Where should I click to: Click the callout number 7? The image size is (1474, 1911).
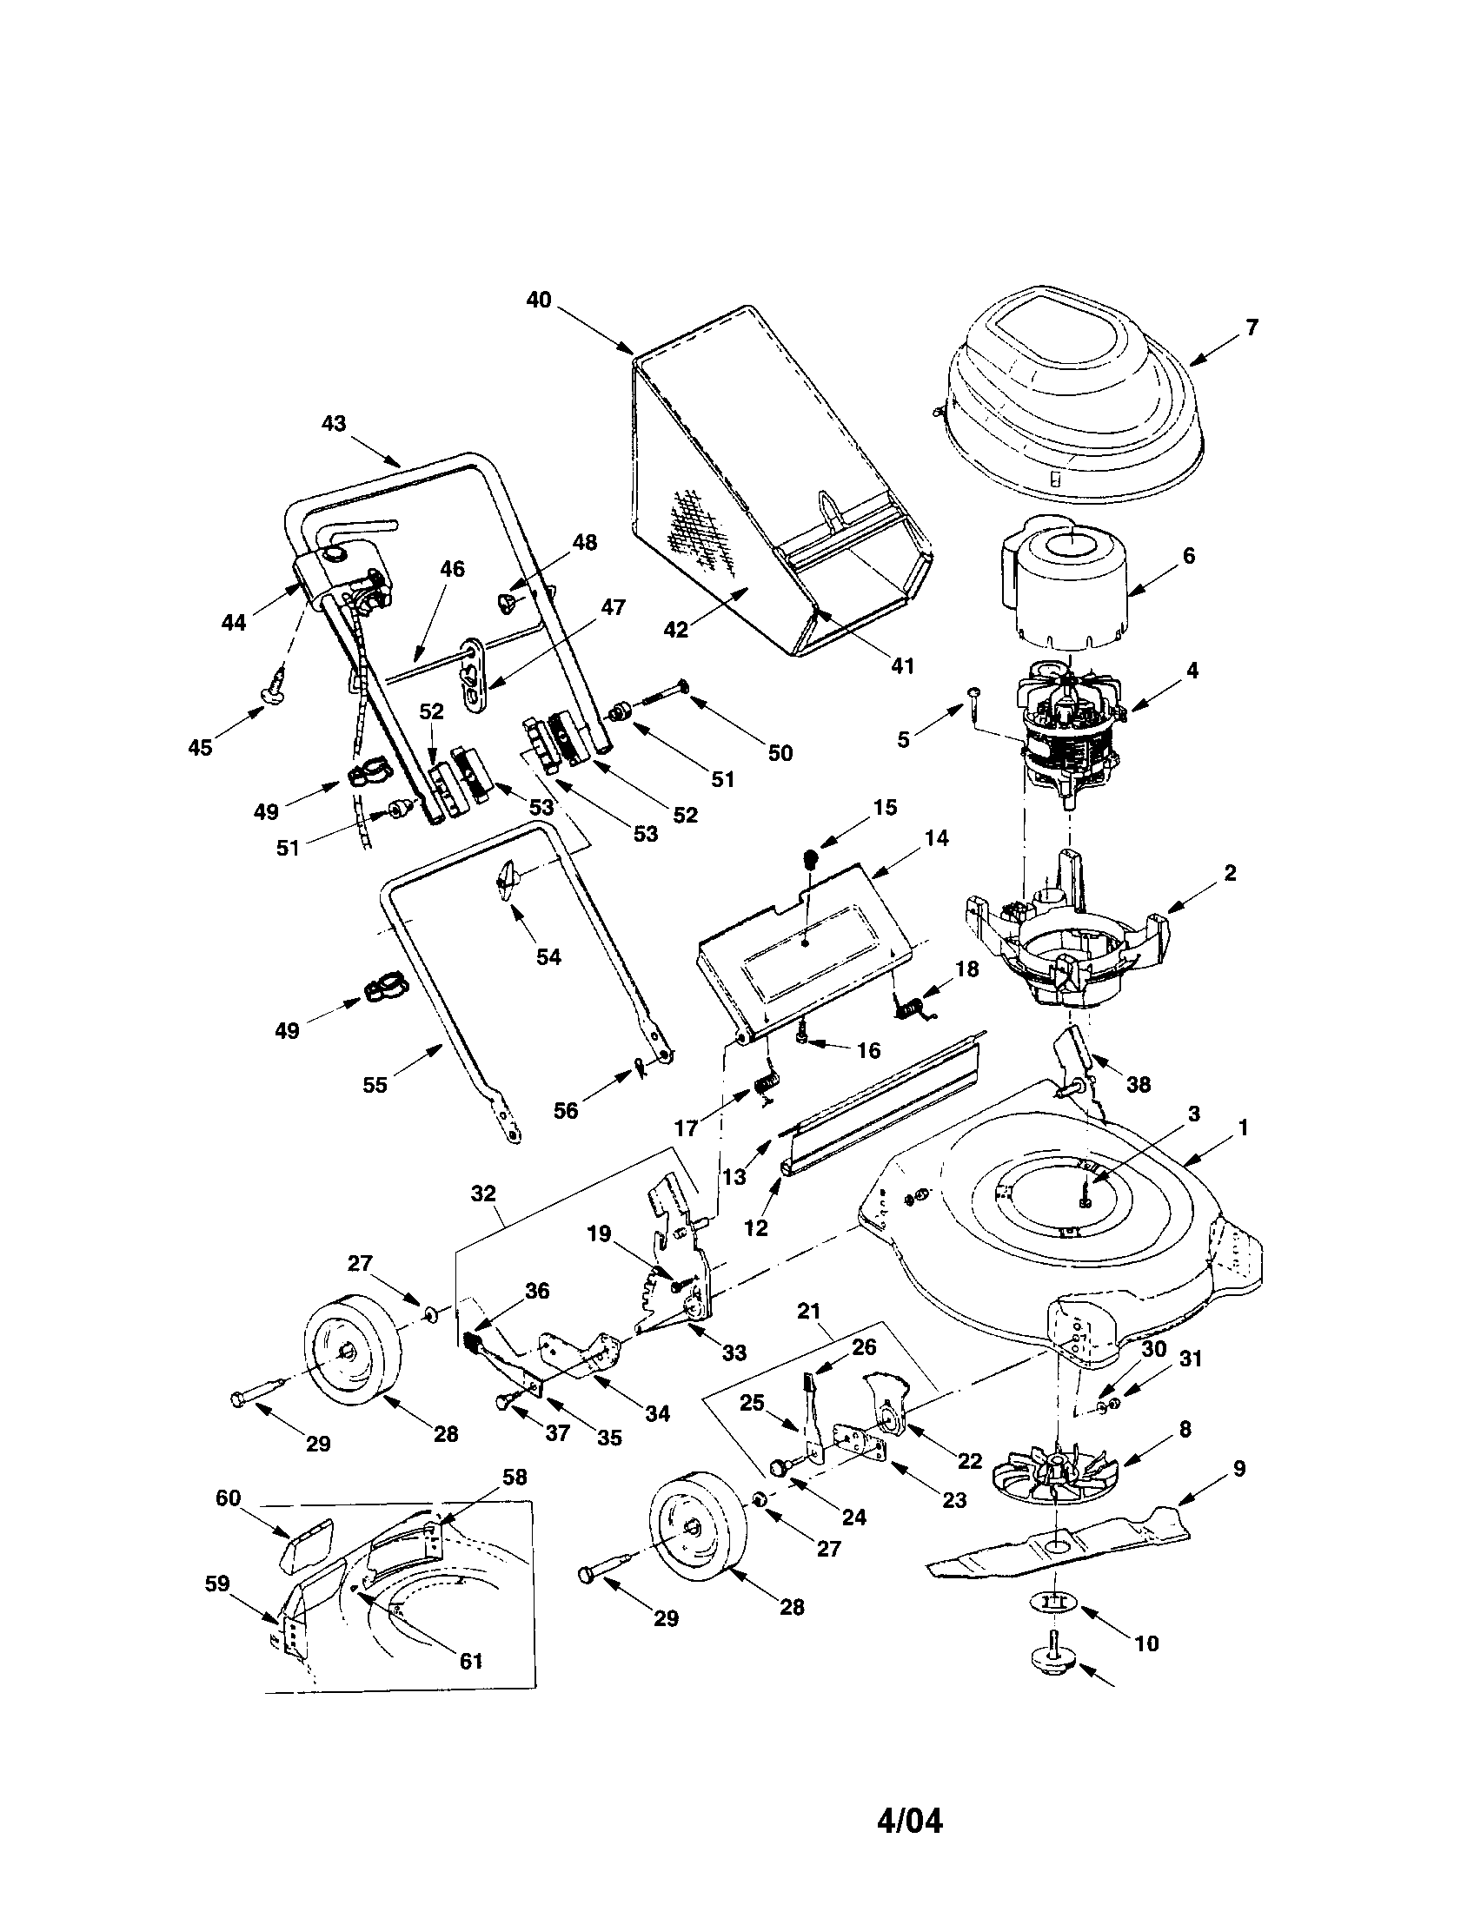coord(1252,327)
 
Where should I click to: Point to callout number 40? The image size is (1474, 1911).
coord(538,300)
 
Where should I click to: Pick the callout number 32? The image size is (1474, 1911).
coord(483,1193)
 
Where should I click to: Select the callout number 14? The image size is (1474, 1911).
coord(936,837)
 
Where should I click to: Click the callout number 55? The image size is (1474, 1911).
coord(375,1085)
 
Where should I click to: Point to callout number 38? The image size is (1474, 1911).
coord(1138,1084)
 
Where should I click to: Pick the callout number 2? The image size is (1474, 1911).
coord(1230,872)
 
